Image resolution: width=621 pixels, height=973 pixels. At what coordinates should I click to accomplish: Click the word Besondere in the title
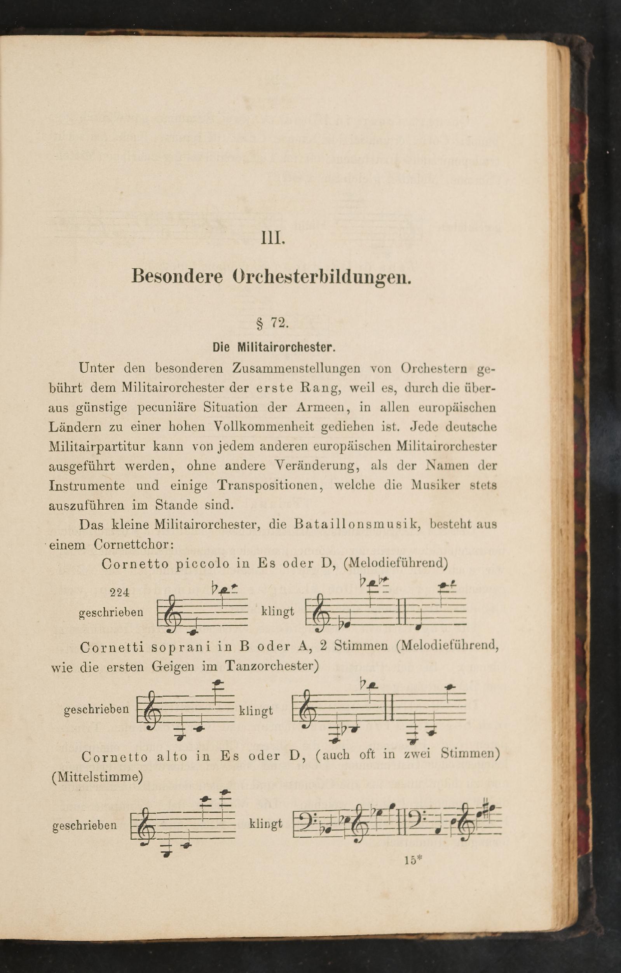click(177, 276)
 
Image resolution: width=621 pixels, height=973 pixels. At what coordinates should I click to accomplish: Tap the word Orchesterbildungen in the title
click(322, 277)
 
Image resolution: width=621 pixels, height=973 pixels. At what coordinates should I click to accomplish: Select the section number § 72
click(272, 323)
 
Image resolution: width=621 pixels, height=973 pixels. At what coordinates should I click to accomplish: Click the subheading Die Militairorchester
click(274, 347)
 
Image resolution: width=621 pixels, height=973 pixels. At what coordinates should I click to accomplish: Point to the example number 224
click(120, 592)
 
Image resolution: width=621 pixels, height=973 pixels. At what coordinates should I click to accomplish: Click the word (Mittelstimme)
click(98, 777)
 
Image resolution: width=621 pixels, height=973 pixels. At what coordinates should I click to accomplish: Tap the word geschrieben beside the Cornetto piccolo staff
click(111, 612)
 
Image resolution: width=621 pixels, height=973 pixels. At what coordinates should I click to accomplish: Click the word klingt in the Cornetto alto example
click(265, 823)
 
